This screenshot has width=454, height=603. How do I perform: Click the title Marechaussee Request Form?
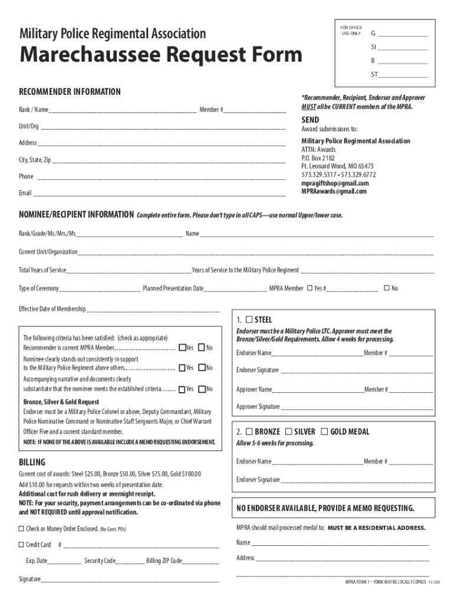coord(161,55)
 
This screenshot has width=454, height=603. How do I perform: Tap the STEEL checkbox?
coord(249,319)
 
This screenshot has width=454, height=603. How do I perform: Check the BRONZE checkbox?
coord(249,431)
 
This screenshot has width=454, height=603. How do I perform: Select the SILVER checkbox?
coord(289,431)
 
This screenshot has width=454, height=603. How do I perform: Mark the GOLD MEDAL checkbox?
coord(325,431)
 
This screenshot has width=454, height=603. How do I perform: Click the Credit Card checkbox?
coord(21,544)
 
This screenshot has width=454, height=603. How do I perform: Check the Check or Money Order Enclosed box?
coord(21,528)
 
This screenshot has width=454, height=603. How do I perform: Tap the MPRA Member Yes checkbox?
coord(309,288)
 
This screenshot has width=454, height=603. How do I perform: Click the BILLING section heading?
coord(32,462)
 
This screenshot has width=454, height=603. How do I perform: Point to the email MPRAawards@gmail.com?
coord(334,191)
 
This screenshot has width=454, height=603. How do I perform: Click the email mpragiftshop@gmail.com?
coord(335,183)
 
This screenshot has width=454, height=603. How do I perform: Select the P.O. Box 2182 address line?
coord(318,158)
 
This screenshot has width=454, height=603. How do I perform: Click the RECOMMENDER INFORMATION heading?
coord(70,92)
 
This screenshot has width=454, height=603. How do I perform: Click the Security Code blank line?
coord(129,561)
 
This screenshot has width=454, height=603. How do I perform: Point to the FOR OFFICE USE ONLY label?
coord(351,30)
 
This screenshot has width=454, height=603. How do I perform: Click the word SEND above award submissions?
coord(310,120)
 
